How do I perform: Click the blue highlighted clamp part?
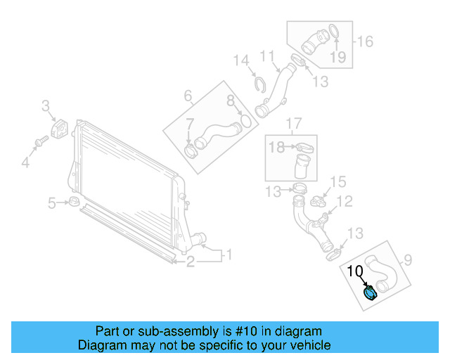[370, 293]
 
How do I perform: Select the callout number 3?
[45, 106]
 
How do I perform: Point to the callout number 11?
[267, 56]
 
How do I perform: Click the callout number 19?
[339, 57]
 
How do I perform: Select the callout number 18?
[276, 147]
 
